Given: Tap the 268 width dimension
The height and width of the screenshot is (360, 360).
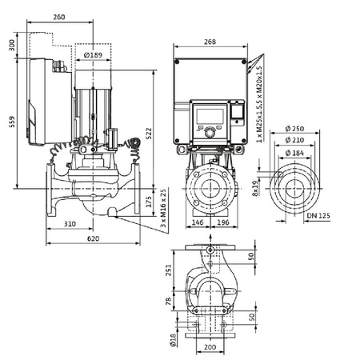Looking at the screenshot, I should point(210,42).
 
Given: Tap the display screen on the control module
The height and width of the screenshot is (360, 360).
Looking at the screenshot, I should point(210,113).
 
